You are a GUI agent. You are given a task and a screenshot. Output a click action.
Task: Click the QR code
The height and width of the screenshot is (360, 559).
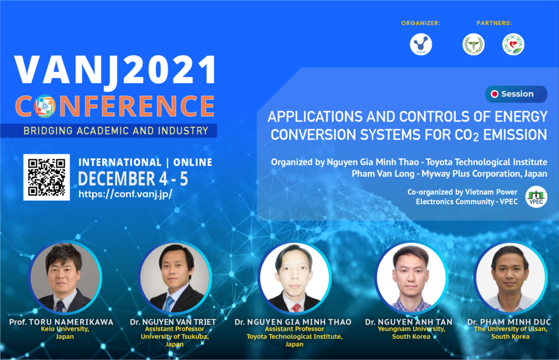46,177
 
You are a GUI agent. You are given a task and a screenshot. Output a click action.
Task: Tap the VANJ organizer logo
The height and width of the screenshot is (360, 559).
421,44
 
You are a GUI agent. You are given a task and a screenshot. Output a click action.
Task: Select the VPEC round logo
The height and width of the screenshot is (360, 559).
536,197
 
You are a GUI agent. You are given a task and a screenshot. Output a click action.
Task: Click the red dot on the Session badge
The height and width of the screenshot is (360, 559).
495,94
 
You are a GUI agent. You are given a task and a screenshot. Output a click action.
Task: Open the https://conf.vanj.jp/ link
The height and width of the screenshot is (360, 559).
126,194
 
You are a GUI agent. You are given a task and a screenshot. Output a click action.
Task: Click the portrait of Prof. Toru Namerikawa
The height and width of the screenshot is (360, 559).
66,278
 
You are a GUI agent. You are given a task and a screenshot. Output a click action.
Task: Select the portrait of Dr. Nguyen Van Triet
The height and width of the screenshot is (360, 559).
175,278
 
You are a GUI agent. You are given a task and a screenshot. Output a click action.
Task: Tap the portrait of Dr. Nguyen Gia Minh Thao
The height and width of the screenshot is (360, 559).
294,278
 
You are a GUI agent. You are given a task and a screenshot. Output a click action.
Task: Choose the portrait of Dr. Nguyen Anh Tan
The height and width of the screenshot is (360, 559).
411,278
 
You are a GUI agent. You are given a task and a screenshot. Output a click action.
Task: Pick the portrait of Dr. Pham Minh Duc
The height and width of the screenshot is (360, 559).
510,278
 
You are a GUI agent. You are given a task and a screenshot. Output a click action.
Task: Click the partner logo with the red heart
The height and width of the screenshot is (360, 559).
513,44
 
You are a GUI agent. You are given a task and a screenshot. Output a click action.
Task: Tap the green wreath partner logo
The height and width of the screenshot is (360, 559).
473,44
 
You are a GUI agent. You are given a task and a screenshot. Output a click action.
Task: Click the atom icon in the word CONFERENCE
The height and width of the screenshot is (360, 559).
45,106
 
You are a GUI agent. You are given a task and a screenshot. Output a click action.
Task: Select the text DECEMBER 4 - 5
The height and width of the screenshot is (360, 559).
133,179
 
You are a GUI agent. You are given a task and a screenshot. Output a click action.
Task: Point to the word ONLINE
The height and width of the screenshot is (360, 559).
193,163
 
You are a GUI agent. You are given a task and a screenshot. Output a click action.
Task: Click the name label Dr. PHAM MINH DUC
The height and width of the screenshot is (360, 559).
509,322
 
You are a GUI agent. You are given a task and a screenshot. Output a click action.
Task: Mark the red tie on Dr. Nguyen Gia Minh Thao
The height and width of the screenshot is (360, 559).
296,308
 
